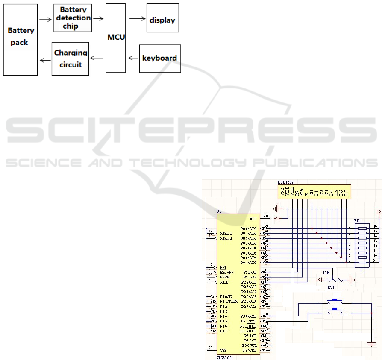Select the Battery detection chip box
tap(73, 18)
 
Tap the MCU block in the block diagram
tap(116, 38)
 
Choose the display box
tap(162, 19)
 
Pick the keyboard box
tap(159, 58)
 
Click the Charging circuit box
tap(71, 59)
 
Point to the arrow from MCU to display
tap(137, 19)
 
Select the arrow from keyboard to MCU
tap(133, 58)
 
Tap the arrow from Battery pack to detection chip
tap(45, 19)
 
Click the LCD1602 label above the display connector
tap(286, 182)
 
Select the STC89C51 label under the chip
tap(225, 357)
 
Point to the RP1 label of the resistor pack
tap(358, 221)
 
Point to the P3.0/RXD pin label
tap(248, 316)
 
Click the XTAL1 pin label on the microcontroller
tap(226, 233)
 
